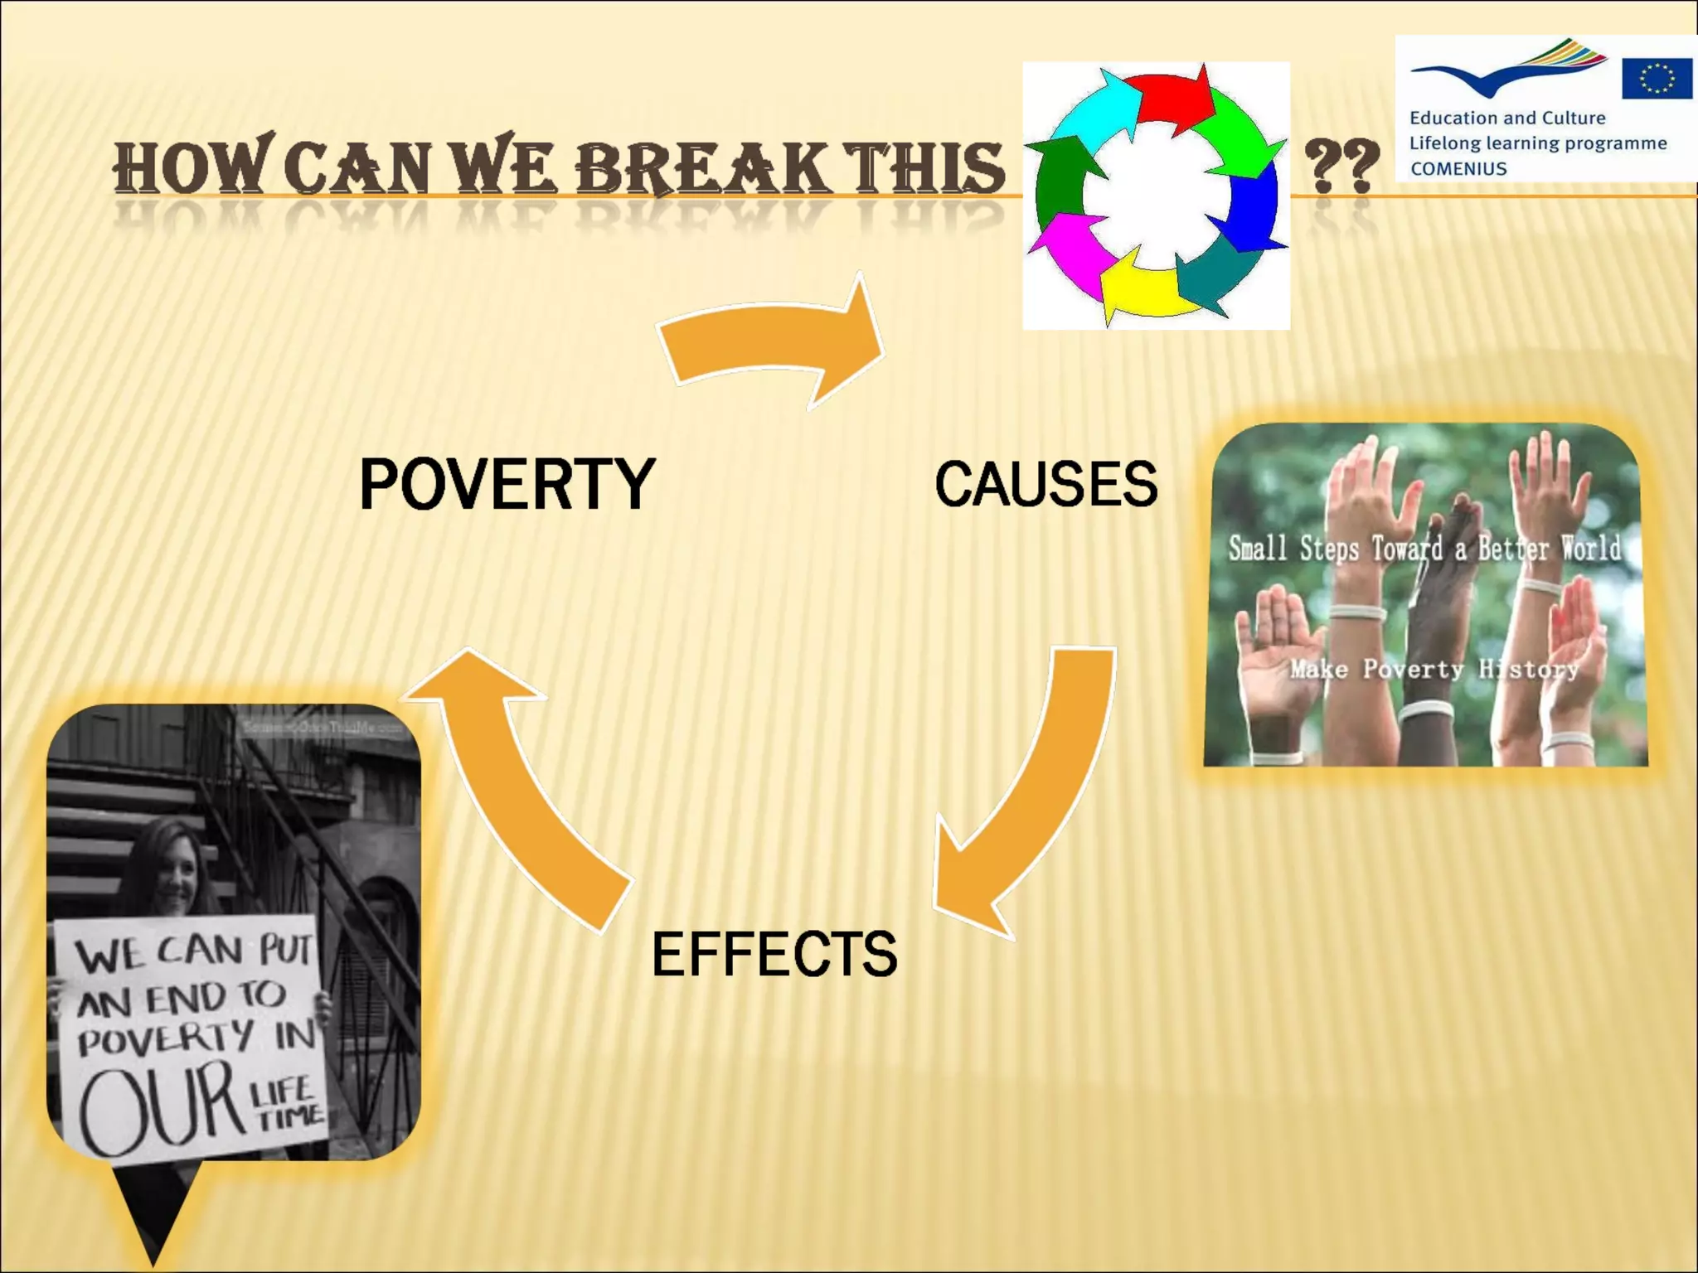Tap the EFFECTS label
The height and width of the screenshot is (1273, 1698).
tap(774, 954)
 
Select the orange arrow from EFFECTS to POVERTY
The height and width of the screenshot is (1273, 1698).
tap(522, 787)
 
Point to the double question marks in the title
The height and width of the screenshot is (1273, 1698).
tap(1341, 166)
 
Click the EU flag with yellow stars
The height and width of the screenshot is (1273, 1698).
tap(1657, 79)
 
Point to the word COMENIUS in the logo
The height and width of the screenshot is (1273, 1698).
tap(1458, 169)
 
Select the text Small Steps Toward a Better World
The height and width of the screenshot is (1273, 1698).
tap(1424, 549)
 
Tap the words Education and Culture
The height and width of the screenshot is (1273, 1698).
tap(1506, 118)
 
